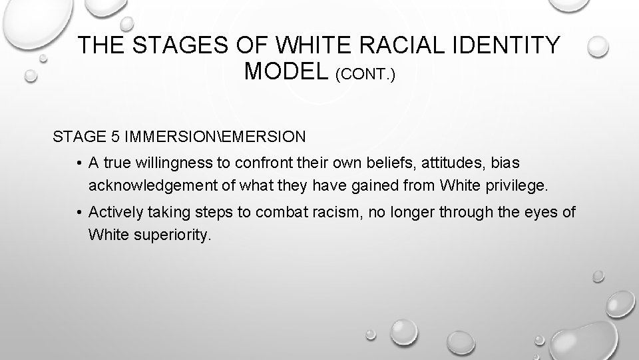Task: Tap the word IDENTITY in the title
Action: point(509,45)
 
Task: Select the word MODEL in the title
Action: point(288,71)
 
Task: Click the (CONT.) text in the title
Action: point(365,73)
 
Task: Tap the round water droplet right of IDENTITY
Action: point(598,46)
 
